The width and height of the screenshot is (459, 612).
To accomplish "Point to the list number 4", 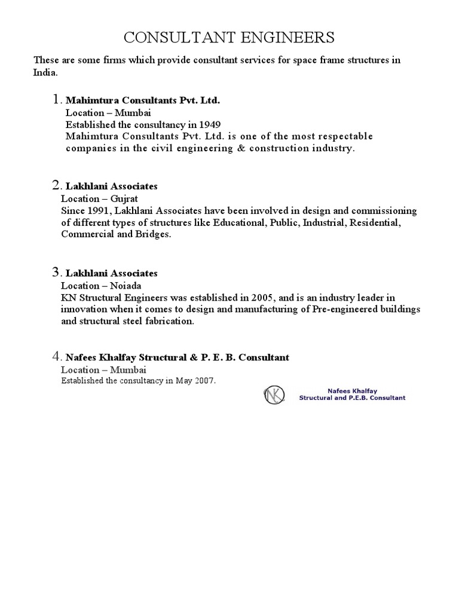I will (x=56, y=357).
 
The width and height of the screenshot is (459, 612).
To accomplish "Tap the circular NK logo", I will (x=274, y=394).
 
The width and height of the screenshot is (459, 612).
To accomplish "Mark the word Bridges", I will (x=155, y=234).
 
